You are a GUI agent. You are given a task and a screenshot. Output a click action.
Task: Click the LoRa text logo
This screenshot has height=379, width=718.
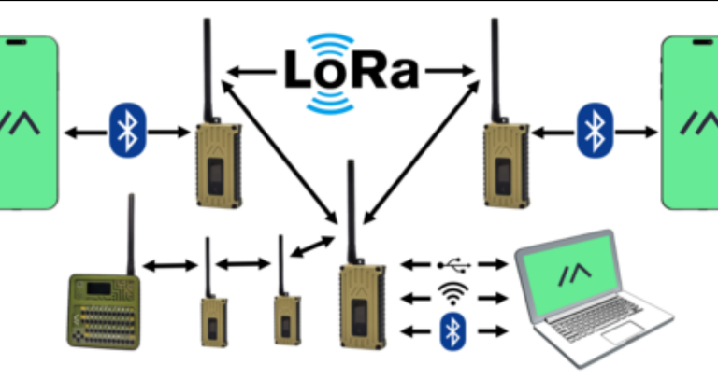click(x=350, y=71)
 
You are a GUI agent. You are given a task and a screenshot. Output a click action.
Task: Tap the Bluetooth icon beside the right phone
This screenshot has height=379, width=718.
click(x=590, y=129)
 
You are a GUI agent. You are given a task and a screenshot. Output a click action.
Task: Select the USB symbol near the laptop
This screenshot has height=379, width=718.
click(x=455, y=263)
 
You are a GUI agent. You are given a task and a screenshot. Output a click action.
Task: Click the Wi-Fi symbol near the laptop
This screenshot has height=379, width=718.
click(x=453, y=295)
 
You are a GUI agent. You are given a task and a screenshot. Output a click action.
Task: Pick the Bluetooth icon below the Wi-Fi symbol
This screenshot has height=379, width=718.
click(x=453, y=330)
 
